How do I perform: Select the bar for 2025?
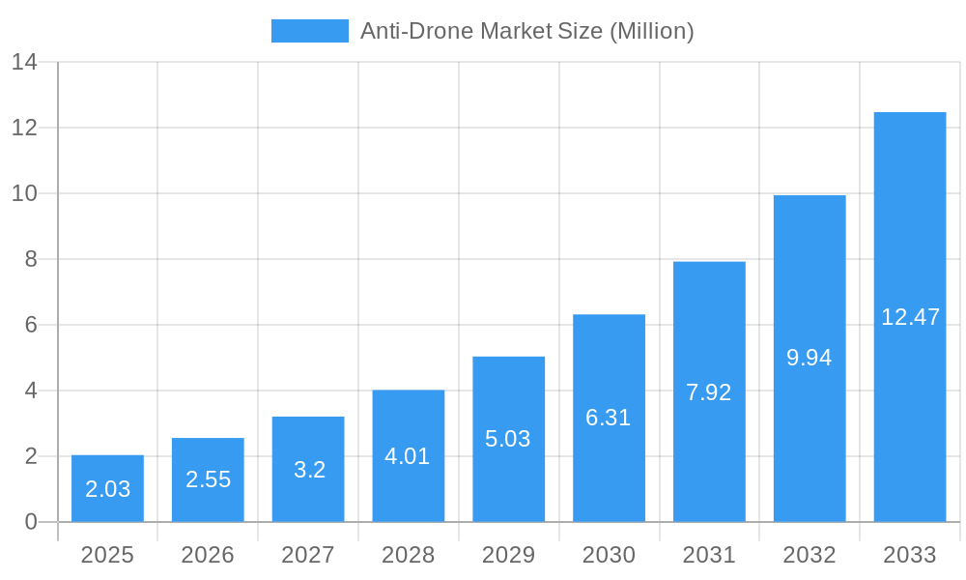tap(107, 488)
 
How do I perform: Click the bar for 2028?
tap(408, 455)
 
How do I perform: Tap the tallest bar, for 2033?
tap(909, 317)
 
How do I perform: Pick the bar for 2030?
tap(609, 418)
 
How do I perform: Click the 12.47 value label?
tap(910, 317)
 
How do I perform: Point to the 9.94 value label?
tap(809, 358)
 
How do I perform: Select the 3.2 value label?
tap(309, 470)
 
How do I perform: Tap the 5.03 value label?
tap(508, 439)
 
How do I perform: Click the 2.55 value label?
tap(208, 479)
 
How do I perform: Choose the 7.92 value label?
tap(708, 392)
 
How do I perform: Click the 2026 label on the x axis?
tap(208, 555)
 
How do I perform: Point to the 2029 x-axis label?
tap(508, 555)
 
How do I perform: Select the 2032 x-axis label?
tap(809, 555)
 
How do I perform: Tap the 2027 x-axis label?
tap(308, 555)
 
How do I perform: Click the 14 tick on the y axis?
tap(24, 62)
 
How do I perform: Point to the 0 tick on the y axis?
tap(30, 522)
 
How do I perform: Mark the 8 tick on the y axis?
tap(30, 259)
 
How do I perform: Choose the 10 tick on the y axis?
tap(24, 193)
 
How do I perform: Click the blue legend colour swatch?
tap(309, 31)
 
